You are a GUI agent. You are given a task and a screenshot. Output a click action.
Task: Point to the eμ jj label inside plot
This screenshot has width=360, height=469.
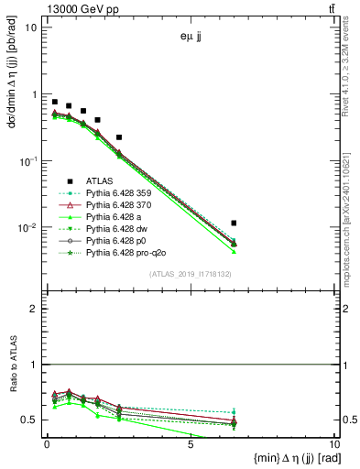tap(191, 38)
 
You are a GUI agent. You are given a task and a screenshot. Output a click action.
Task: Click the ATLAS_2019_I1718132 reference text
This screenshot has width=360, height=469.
tap(191, 273)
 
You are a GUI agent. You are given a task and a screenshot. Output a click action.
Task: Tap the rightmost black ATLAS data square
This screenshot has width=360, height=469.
tap(235, 223)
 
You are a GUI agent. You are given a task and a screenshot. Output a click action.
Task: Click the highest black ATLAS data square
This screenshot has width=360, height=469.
tap(54, 102)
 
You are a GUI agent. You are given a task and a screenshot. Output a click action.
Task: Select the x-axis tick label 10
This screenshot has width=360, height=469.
tap(333, 443)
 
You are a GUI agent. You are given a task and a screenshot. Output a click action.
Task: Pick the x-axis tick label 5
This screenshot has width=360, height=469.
tap(190, 443)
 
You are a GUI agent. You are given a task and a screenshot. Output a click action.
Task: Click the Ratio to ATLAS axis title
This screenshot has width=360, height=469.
tap(13, 390)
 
